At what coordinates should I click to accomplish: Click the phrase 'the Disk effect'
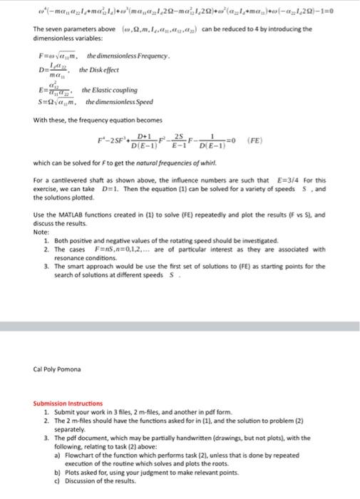pos(99,70)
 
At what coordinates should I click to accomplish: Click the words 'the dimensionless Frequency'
pos(127,56)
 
